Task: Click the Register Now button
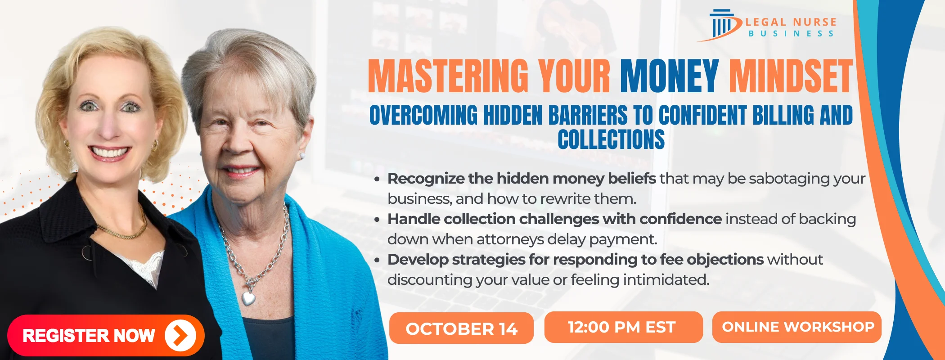106,335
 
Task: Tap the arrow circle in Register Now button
180,335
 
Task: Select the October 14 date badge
461,328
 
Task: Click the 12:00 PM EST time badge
623,327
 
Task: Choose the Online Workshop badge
797,327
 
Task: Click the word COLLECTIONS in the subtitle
611,139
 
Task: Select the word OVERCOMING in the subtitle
423,115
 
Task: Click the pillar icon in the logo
722,25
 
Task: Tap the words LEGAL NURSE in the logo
791,22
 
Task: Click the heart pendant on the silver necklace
248,297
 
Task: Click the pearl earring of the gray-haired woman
302,156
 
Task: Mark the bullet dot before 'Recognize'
377,179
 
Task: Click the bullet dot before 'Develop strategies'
377,260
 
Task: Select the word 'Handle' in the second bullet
414,219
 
